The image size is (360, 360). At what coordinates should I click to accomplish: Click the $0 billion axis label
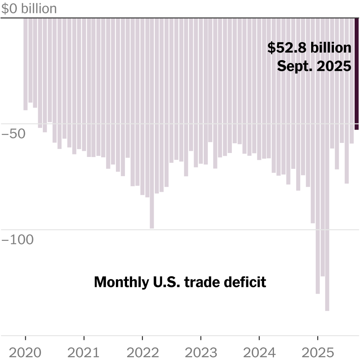click(29, 9)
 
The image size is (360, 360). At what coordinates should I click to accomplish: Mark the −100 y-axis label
click(18, 240)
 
